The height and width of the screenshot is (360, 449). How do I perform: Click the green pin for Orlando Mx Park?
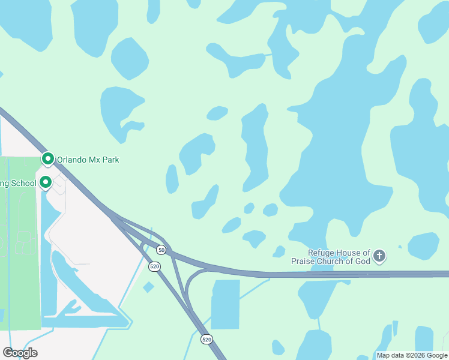click(x=47, y=159)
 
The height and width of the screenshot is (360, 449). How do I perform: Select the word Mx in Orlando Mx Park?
click(x=95, y=160)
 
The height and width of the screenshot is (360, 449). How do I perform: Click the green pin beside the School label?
click(x=46, y=182)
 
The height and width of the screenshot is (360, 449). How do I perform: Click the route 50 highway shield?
click(x=161, y=250)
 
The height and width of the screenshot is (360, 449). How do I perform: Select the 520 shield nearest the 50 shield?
click(x=155, y=266)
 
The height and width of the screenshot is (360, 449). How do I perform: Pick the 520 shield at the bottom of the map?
click(x=207, y=339)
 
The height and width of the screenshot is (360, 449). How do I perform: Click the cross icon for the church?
click(x=379, y=257)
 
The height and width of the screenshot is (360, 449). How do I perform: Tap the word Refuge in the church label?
click(x=322, y=253)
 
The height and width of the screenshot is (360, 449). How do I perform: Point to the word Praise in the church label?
click(x=304, y=261)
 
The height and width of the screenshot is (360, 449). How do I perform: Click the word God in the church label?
click(x=363, y=261)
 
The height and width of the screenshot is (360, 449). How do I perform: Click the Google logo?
click(x=20, y=352)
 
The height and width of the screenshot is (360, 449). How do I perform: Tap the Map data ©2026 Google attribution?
click(x=411, y=355)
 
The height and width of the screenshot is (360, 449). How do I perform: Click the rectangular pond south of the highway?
click(x=226, y=304)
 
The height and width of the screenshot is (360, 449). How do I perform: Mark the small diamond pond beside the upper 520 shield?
click(x=148, y=287)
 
